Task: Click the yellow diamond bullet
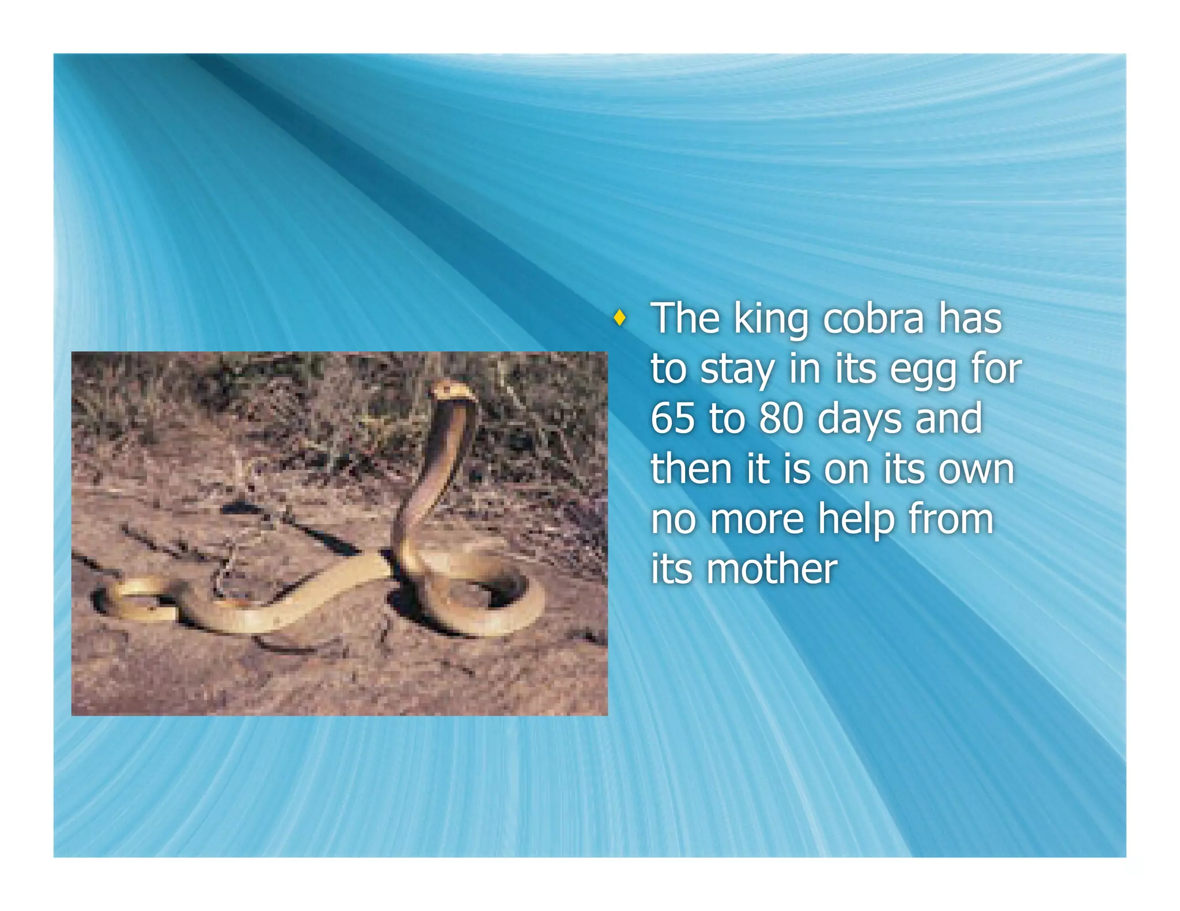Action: pyautogui.click(x=619, y=317)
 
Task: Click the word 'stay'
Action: pyautogui.click(x=737, y=371)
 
